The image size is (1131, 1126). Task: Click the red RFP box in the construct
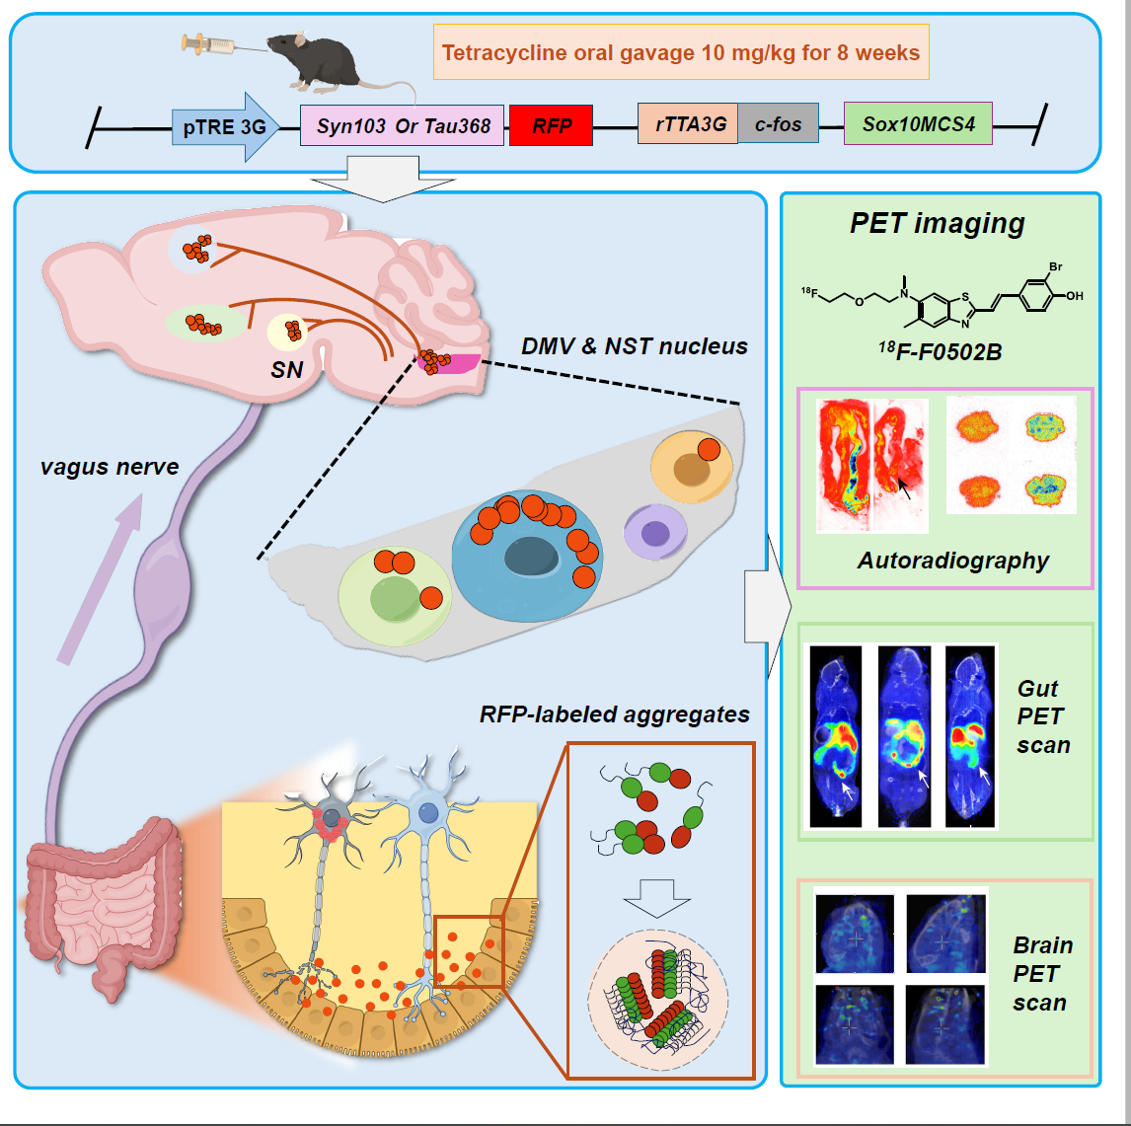[x=551, y=125]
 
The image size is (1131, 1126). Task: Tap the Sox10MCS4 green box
[x=918, y=124]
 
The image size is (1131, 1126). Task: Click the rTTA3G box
[x=689, y=124]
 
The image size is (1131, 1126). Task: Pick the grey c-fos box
[x=778, y=124]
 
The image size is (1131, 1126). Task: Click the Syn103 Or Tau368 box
[x=403, y=126]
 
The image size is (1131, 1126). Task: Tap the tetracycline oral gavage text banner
[x=681, y=52]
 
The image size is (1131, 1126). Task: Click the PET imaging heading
[x=937, y=223]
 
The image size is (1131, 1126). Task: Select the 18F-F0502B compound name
[x=940, y=349]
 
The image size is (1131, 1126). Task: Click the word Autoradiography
[x=952, y=561]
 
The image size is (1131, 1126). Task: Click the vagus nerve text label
[x=110, y=466]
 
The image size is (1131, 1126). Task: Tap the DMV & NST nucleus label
[x=634, y=345]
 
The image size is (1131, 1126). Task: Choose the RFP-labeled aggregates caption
[x=614, y=713]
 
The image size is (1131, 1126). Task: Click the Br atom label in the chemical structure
[x=1055, y=267]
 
